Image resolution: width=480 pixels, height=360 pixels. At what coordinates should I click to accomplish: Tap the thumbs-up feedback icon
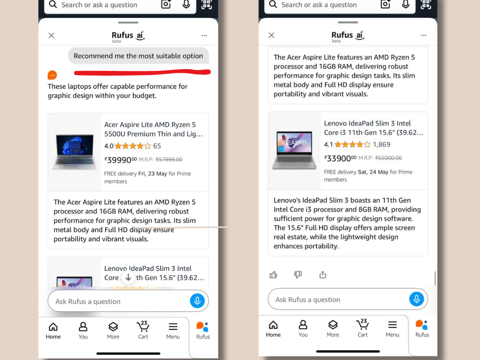coord(274,275)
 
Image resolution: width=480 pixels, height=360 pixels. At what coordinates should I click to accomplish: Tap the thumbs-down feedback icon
coord(298,275)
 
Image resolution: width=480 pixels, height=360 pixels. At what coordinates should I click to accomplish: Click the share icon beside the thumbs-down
coord(323,275)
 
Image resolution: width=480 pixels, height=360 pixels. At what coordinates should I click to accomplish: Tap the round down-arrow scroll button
coord(128,277)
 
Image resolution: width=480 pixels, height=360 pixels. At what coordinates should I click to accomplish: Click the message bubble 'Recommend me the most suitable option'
coord(138,56)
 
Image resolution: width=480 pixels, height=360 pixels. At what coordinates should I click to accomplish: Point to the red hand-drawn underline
coord(142,72)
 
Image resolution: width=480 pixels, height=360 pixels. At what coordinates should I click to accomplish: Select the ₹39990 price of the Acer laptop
coord(120,159)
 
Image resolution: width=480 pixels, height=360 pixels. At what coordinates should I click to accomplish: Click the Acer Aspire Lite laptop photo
coord(74,152)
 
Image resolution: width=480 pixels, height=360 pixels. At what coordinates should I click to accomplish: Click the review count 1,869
coord(381,145)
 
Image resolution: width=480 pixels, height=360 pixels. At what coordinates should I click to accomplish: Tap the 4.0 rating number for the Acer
coord(109,146)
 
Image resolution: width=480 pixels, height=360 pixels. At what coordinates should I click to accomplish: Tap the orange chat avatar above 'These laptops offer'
coord(52,75)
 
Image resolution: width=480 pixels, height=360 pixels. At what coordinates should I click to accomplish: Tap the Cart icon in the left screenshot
coord(143,327)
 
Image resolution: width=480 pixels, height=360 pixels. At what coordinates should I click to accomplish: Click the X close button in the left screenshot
coord(51,35)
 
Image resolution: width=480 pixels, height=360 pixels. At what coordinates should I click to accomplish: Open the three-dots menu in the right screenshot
coord(424,35)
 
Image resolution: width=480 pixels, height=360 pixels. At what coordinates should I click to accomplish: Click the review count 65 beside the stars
coord(157,146)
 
